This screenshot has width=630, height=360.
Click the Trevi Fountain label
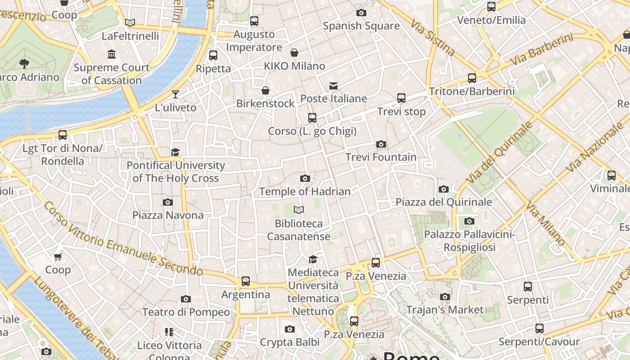[x=381, y=157]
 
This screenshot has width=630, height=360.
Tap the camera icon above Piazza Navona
[x=168, y=202]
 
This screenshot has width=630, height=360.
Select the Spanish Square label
[x=361, y=26]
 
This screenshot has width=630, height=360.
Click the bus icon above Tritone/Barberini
[x=472, y=78]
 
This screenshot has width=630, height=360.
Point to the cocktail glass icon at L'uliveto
[x=175, y=94]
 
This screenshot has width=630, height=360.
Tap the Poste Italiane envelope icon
[x=333, y=85]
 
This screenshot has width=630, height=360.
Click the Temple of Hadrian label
[x=305, y=191]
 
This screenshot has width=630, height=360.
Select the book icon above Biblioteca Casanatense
[x=299, y=210]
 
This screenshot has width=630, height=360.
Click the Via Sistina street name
[x=433, y=34]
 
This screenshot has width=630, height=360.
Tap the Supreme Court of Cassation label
[x=112, y=74]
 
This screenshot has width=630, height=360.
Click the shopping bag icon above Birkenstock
[x=265, y=90]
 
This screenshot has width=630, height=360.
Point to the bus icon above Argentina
[x=246, y=281]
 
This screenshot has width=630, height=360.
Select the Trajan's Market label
[x=445, y=310]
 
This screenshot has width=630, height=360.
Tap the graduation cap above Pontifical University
[x=175, y=152]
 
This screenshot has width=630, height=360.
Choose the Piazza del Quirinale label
[x=444, y=202]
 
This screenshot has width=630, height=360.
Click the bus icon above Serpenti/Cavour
[x=539, y=328]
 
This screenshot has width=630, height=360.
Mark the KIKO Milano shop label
[x=294, y=66]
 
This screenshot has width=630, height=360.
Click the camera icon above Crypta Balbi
[x=290, y=329]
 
